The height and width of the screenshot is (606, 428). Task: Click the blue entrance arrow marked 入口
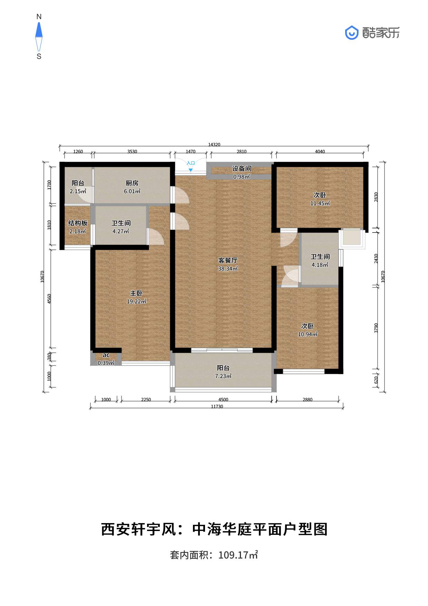pyautogui.click(x=191, y=170)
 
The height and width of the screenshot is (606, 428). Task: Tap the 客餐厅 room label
pyautogui.click(x=228, y=261)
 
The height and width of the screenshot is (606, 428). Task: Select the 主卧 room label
pyautogui.click(x=136, y=293)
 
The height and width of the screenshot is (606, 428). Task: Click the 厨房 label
pyautogui.click(x=132, y=183)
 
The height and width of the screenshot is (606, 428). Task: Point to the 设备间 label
pyautogui.click(x=242, y=169)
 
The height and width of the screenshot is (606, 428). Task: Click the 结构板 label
pyautogui.click(x=78, y=223)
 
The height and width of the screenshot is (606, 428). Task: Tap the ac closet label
pyautogui.click(x=106, y=355)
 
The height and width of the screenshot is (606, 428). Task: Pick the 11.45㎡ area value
pyautogui.click(x=320, y=203)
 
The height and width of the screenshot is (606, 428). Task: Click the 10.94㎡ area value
pyautogui.click(x=308, y=334)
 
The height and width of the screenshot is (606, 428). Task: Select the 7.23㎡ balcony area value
pyautogui.click(x=223, y=376)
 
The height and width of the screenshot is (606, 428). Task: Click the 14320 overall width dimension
pyautogui.click(x=214, y=145)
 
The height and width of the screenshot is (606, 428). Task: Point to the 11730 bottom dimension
pyautogui.click(x=217, y=407)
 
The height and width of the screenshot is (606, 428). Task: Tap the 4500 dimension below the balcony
pyautogui.click(x=223, y=400)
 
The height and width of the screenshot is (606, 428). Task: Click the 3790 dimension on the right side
pyautogui.click(x=376, y=328)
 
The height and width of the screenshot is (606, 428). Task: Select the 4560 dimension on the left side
pyautogui.click(x=49, y=299)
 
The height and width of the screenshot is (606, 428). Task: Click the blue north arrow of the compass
pyautogui.click(x=39, y=30)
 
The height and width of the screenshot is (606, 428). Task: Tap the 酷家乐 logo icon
pyautogui.click(x=352, y=33)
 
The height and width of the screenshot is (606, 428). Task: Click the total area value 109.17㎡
pyautogui.click(x=238, y=555)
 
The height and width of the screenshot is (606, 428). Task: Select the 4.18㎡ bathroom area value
pyautogui.click(x=320, y=265)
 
